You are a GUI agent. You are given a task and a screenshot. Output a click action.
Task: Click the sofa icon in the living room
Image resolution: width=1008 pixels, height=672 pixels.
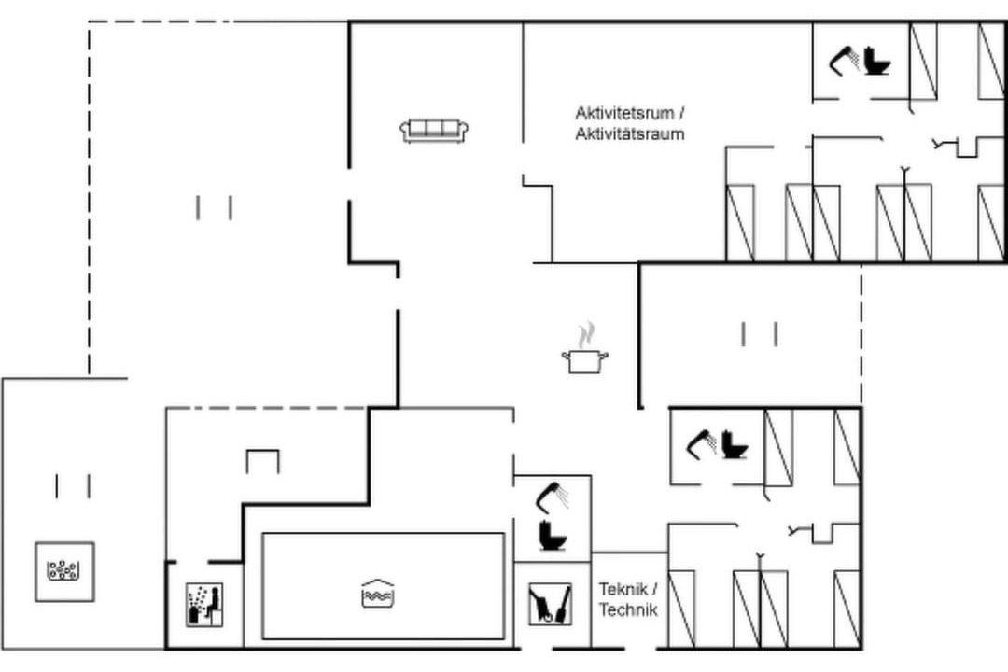[434, 131]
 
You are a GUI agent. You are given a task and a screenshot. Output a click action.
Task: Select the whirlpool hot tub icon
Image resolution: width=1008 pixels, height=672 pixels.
[64, 572]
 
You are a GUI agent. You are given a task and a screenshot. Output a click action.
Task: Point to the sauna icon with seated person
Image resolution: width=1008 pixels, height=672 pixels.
[204, 604]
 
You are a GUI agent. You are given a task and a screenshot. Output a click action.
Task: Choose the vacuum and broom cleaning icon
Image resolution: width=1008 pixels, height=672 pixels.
[551, 603]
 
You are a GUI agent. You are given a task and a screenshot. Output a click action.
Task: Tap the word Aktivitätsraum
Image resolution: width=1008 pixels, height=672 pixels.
[629, 134]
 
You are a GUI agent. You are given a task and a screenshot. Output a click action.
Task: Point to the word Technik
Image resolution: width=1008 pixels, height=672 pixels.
[628, 609]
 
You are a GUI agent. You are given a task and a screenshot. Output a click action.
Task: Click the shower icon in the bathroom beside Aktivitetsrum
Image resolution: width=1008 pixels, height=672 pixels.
[844, 61]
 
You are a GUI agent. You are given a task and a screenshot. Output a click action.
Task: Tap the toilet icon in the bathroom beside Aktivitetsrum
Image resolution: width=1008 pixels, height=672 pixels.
[876, 62]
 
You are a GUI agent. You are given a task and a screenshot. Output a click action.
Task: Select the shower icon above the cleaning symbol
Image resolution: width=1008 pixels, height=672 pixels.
[553, 497]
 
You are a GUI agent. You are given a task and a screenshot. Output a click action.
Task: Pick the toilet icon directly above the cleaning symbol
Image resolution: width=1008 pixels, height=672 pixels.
[553, 535]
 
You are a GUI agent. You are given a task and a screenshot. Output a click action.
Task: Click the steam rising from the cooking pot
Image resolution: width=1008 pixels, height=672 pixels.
[585, 336]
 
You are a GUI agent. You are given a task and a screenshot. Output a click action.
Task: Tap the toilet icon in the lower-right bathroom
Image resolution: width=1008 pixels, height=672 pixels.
[735, 445]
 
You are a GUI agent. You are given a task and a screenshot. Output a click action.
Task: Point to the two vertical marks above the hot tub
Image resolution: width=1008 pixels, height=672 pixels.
[73, 486]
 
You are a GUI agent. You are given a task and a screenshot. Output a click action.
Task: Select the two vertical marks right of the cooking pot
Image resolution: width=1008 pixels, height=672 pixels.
[759, 334]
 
